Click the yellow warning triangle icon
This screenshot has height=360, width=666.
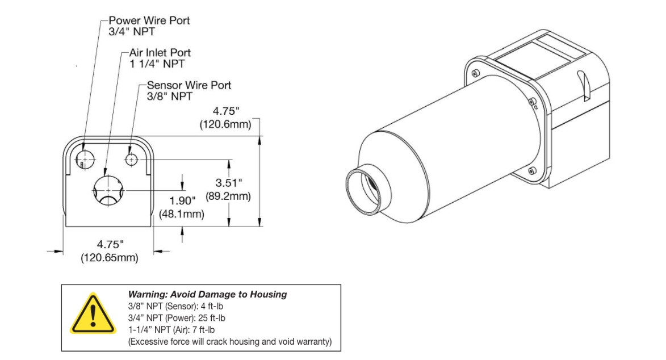93,314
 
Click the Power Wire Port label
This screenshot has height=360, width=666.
149,20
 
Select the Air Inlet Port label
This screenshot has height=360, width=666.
160,53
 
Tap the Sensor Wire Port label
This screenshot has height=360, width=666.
189,85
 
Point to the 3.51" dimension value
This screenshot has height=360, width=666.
228,183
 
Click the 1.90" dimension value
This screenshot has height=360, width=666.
182,200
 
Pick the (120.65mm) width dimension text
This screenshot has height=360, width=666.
110,258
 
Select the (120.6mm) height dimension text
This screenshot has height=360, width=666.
225,124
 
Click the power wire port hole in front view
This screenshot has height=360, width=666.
85,160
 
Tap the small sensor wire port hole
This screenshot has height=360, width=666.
132,160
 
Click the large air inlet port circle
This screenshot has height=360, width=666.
108,190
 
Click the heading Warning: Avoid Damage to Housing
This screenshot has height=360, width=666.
207,294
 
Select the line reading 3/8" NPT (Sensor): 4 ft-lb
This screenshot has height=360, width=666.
175,306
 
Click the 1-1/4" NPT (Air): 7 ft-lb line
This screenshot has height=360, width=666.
171,330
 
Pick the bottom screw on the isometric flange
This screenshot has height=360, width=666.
532,171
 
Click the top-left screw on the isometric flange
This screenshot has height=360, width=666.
475,73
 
